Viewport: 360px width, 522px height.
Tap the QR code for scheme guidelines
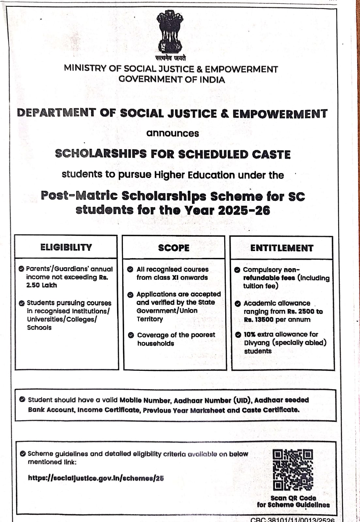tap(292, 470)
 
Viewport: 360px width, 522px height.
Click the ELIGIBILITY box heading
tap(66, 247)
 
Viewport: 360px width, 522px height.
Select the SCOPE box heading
tap(174, 248)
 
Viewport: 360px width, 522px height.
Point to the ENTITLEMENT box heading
tap(282, 248)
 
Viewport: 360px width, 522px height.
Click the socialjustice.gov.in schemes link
tap(96, 478)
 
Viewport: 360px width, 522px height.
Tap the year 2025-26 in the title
tap(244, 210)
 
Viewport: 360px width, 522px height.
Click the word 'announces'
tap(172, 134)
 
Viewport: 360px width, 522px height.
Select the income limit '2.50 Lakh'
tap(41, 285)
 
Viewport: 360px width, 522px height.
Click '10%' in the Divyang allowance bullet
tap(249, 334)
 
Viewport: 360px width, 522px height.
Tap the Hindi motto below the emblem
tap(170, 58)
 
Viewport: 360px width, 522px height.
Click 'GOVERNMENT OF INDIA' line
tap(172, 80)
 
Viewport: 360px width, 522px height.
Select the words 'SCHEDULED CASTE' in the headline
tap(234, 154)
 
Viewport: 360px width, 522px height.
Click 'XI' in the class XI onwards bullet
tap(175, 277)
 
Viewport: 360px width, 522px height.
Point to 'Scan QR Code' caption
tap(293, 498)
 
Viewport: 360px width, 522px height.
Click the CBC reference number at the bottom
tap(292, 519)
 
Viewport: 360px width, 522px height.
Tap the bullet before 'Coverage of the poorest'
tap(131, 335)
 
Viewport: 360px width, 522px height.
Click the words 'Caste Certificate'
tap(270, 410)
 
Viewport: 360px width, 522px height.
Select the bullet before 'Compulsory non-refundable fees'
tap(237, 270)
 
